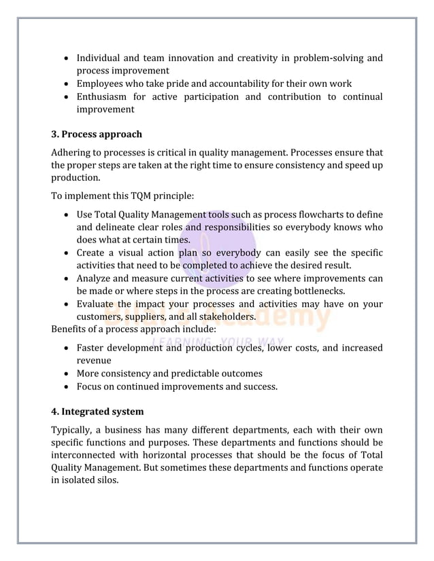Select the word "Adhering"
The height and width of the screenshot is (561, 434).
(72, 153)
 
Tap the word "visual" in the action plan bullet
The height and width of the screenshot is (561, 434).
(140, 253)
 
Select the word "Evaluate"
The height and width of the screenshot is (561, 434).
(99, 304)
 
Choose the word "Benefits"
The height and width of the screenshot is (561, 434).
(71, 329)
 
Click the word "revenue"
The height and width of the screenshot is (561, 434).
(95, 361)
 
